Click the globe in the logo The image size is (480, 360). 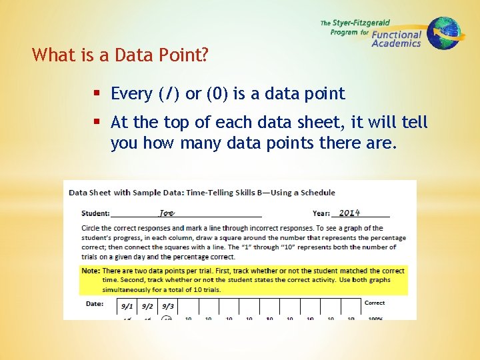click(444, 33)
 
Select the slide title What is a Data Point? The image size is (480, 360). click(120, 55)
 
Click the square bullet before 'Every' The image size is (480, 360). click(98, 94)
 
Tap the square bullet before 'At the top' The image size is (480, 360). click(98, 123)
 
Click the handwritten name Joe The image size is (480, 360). click(166, 213)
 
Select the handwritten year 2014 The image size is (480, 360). click(349, 213)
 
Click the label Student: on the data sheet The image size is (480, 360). click(96, 214)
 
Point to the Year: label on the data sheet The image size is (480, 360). click(321, 214)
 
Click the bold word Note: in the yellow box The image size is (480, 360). click(91, 271)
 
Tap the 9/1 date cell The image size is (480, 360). click(127, 307)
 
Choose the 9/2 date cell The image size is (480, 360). click(147, 307)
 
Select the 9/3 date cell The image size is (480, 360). click(167, 307)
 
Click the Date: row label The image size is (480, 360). click(95, 304)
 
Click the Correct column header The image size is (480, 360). click(375, 303)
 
